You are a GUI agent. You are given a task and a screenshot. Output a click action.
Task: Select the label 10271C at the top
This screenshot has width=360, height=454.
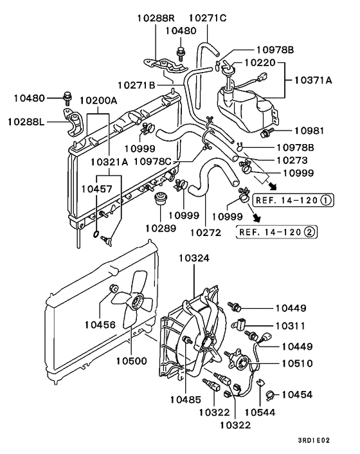[x=208, y=17]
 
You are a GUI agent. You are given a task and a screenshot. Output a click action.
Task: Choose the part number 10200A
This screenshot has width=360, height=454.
[x=98, y=101]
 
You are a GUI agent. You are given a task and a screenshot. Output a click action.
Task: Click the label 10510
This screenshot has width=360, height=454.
[x=297, y=363]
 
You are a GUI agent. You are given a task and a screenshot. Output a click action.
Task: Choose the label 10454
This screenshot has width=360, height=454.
[x=297, y=394]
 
